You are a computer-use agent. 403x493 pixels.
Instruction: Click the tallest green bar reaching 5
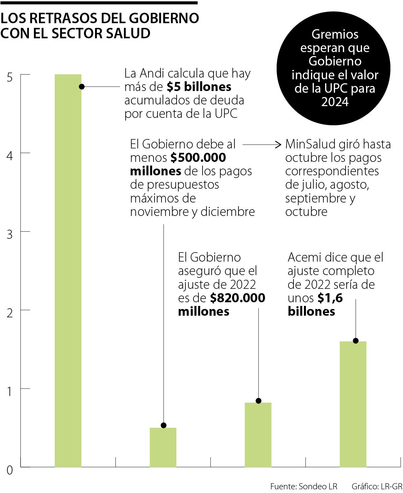[x=68, y=269]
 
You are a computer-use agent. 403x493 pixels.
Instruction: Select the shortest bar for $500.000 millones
[x=163, y=447]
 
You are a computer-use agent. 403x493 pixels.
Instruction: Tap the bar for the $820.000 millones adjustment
[x=258, y=435]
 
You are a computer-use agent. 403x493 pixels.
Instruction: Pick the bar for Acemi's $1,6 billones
[x=353, y=403]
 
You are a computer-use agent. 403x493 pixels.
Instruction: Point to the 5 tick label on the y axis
[x=10, y=78]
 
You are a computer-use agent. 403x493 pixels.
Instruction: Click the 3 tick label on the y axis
[x=10, y=234]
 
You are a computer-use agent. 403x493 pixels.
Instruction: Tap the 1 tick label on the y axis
[x=10, y=392]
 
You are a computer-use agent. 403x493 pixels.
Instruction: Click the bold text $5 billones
[x=199, y=87]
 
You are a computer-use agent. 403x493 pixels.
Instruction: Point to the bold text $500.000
[x=198, y=158]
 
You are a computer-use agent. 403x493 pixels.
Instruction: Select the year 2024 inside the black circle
[x=335, y=102]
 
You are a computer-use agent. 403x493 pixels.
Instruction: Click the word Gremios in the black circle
[x=335, y=34]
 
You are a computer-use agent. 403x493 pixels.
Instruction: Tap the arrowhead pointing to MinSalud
[x=278, y=145]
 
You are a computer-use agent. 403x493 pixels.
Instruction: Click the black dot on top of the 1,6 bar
[x=356, y=341]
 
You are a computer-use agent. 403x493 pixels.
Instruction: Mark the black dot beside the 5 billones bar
[x=82, y=87]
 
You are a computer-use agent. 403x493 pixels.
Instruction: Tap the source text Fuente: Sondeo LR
[x=304, y=486]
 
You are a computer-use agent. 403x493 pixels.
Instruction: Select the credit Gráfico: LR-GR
[x=376, y=486]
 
